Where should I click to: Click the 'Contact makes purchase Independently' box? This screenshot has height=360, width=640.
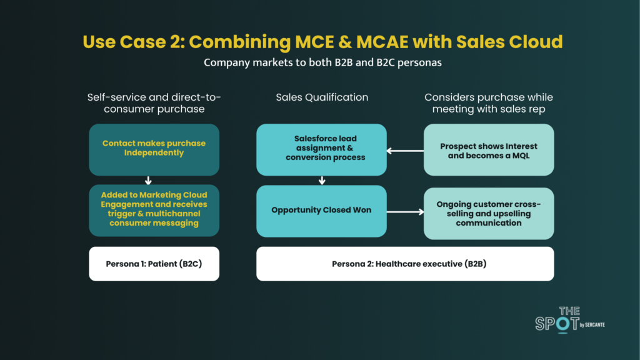[154, 149]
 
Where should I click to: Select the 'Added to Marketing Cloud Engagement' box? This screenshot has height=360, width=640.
[154, 210]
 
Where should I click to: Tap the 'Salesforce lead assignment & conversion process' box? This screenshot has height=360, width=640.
[321, 149]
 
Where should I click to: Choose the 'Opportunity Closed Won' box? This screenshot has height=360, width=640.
[321, 210]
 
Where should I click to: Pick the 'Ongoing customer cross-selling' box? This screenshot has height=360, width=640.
[489, 213]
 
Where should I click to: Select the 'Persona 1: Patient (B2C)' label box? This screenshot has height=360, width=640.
[154, 264]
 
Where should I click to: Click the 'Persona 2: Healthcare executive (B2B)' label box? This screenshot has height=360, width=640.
[405, 264]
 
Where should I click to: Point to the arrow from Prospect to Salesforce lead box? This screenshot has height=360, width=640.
[405, 150]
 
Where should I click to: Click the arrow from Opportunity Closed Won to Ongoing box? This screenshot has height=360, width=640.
[405, 212]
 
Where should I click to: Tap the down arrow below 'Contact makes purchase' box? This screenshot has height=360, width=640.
[148, 181]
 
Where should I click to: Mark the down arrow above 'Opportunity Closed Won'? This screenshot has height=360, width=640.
[322, 181]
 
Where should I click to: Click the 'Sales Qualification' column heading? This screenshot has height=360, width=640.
[322, 97]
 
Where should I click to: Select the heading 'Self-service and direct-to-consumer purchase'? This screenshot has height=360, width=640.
[154, 102]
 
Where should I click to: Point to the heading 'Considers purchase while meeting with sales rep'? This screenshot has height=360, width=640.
[489, 102]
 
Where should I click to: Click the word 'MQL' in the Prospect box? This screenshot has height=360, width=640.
[519, 155]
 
